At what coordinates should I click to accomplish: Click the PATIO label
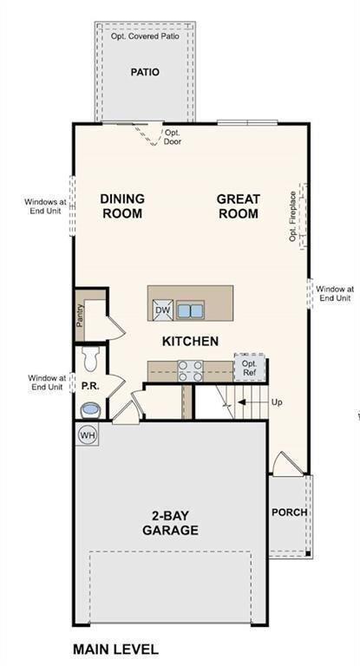click(x=145, y=72)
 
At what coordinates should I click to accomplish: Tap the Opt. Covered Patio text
click(x=145, y=37)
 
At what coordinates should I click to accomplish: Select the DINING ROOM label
click(x=122, y=206)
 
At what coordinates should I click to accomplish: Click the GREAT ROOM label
click(x=239, y=206)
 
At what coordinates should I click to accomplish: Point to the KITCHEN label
click(x=190, y=342)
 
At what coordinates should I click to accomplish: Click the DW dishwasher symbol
click(x=162, y=310)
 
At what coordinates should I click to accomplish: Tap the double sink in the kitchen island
click(x=190, y=310)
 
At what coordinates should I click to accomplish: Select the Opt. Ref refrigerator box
click(x=249, y=367)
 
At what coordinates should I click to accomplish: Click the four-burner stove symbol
click(x=190, y=370)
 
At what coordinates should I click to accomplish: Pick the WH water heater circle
click(x=88, y=434)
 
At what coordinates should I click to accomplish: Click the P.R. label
click(x=88, y=383)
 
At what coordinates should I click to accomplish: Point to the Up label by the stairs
click(x=277, y=402)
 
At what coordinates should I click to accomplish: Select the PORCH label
click(x=289, y=512)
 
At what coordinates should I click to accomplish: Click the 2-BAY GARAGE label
click(x=170, y=522)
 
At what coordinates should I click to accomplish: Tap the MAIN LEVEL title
click(x=115, y=649)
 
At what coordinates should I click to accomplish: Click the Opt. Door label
click(x=173, y=137)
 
